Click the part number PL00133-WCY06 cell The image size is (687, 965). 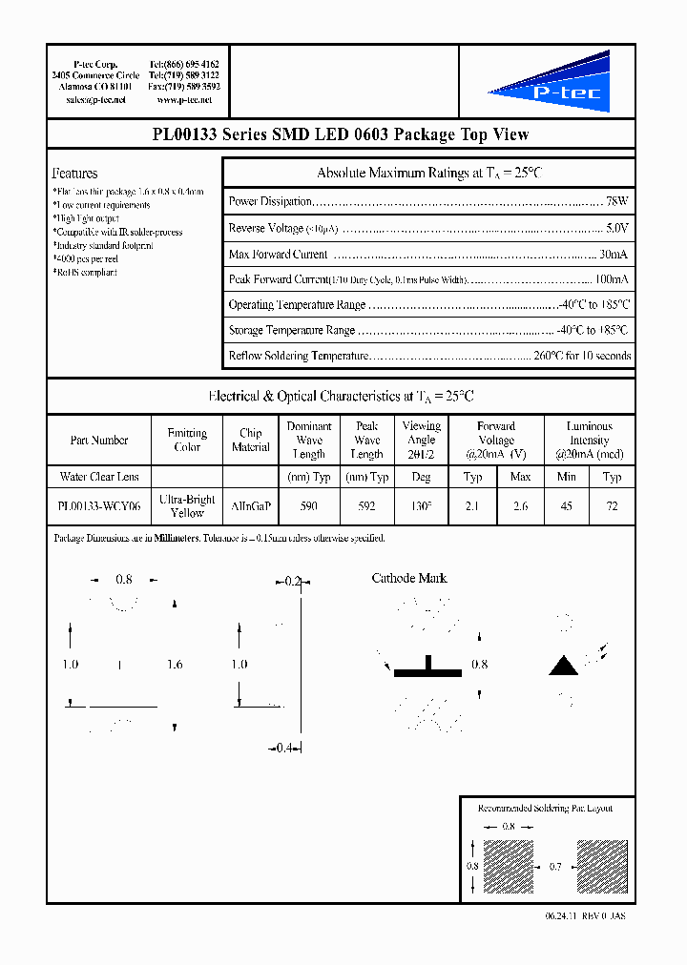pyautogui.click(x=98, y=506)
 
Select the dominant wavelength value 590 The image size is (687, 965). pyautogui.click(x=308, y=506)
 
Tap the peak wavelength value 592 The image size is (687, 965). pyautogui.click(x=366, y=506)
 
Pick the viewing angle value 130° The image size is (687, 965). pyautogui.click(x=421, y=506)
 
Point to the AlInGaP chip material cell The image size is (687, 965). pyautogui.click(x=250, y=506)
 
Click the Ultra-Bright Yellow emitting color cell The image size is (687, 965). pyautogui.click(x=187, y=506)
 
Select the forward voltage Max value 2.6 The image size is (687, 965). pyautogui.click(x=520, y=506)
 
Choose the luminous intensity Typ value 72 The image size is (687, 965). pyautogui.click(x=613, y=506)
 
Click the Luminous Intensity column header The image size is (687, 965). pyautogui.click(x=589, y=441)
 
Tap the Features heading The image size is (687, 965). pyautogui.click(x=74, y=174)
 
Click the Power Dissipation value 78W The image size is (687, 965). pyautogui.click(x=616, y=202)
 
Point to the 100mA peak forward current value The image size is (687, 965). pyautogui.click(x=611, y=279)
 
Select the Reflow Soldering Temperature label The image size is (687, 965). pyautogui.click(x=298, y=356)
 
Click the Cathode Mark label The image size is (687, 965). pyautogui.click(x=408, y=578)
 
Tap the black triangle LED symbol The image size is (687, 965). pyautogui.click(x=564, y=666)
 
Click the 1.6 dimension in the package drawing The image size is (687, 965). pyautogui.click(x=175, y=665)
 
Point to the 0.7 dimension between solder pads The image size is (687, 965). pyautogui.click(x=556, y=868)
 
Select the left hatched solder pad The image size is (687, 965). pyautogui.click(x=508, y=868)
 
